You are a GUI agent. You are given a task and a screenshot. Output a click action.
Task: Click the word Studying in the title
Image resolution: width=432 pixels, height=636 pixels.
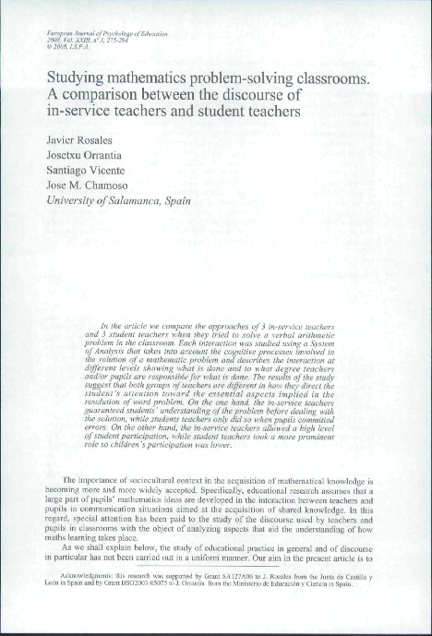coord(76,79)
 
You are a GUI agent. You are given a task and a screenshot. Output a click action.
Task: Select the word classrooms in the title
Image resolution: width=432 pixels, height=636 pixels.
coord(326,79)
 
